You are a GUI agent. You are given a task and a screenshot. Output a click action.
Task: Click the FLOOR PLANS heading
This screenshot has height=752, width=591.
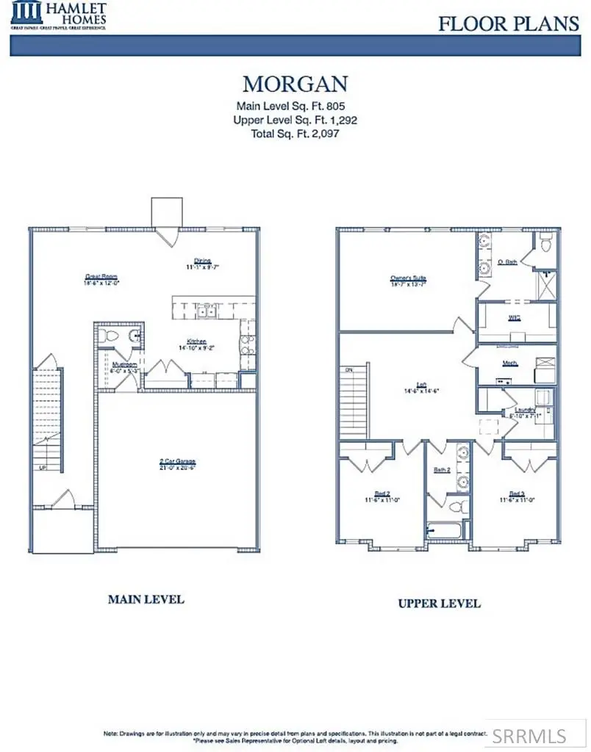tap(509, 23)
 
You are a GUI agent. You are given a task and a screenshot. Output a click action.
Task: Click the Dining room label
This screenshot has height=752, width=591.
tap(203, 261)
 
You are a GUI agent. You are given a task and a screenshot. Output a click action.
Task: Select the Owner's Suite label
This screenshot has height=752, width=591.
tap(409, 278)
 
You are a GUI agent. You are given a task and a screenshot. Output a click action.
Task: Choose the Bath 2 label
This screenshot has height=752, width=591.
tap(441, 469)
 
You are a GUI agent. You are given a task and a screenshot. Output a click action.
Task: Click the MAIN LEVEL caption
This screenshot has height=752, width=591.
tap(146, 599)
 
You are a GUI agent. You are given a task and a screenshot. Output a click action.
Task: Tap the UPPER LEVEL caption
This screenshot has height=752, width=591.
tap(439, 604)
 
